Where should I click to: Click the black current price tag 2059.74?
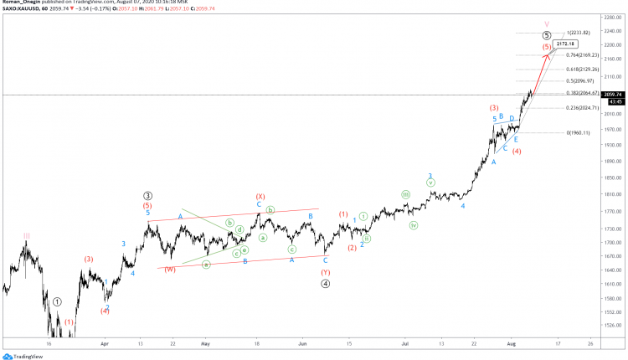pos(615,95)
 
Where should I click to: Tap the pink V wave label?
pos(546,24)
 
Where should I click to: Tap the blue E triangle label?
pos(516,139)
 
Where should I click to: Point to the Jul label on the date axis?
pos(406,343)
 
